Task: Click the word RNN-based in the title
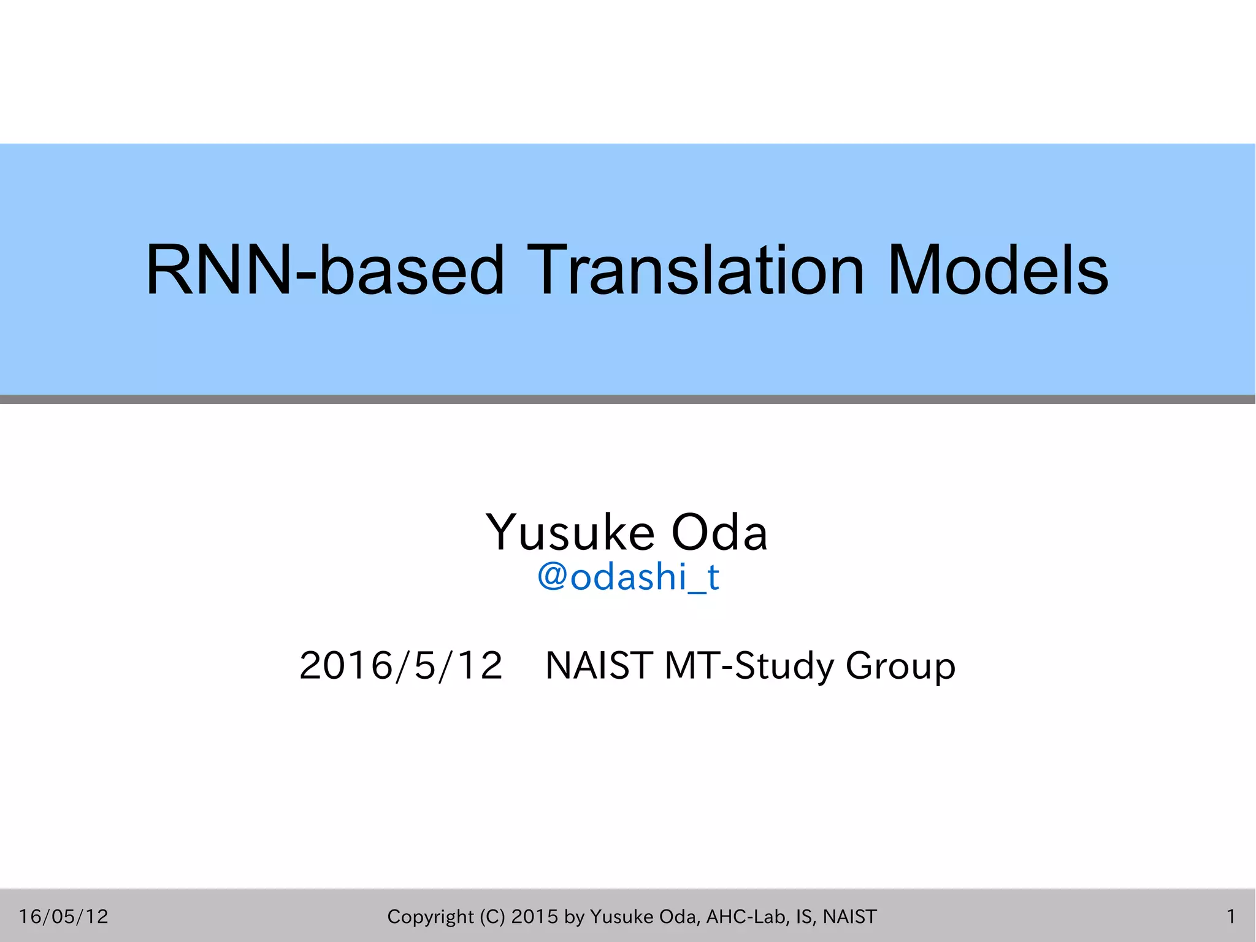(x=325, y=270)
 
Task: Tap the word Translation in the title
(x=695, y=270)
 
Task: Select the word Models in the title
(x=998, y=270)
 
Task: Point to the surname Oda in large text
(x=719, y=531)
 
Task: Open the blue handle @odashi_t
(x=628, y=577)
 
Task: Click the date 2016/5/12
(x=401, y=665)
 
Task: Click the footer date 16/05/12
(x=64, y=916)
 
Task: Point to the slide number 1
(x=1230, y=916)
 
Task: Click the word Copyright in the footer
(x=431, y=916)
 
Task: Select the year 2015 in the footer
(x=535, y=916)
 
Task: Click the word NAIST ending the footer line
(x=850, y=916)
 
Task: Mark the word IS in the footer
(x=805, y=916)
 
